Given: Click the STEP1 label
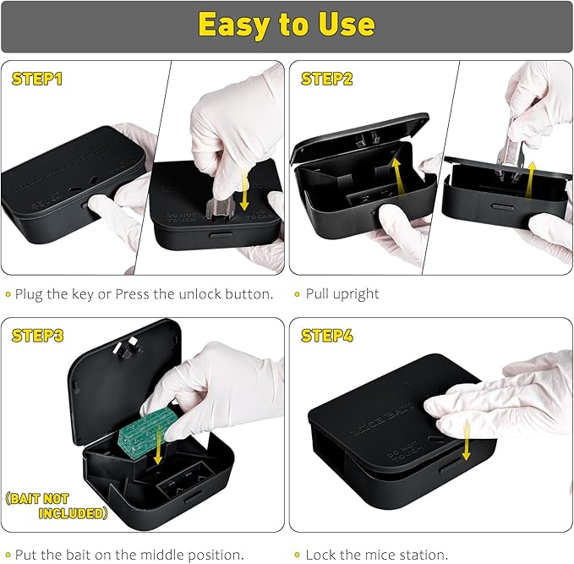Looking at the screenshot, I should point(37,79).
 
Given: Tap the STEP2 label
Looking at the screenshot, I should point(327,79).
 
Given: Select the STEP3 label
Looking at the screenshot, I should point(38,336).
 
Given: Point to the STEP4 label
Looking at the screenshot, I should point(327,336).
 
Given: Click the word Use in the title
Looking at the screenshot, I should point(346,25).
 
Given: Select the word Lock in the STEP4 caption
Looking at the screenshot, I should point(320,555).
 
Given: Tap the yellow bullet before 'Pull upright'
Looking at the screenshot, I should point(296,294).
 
